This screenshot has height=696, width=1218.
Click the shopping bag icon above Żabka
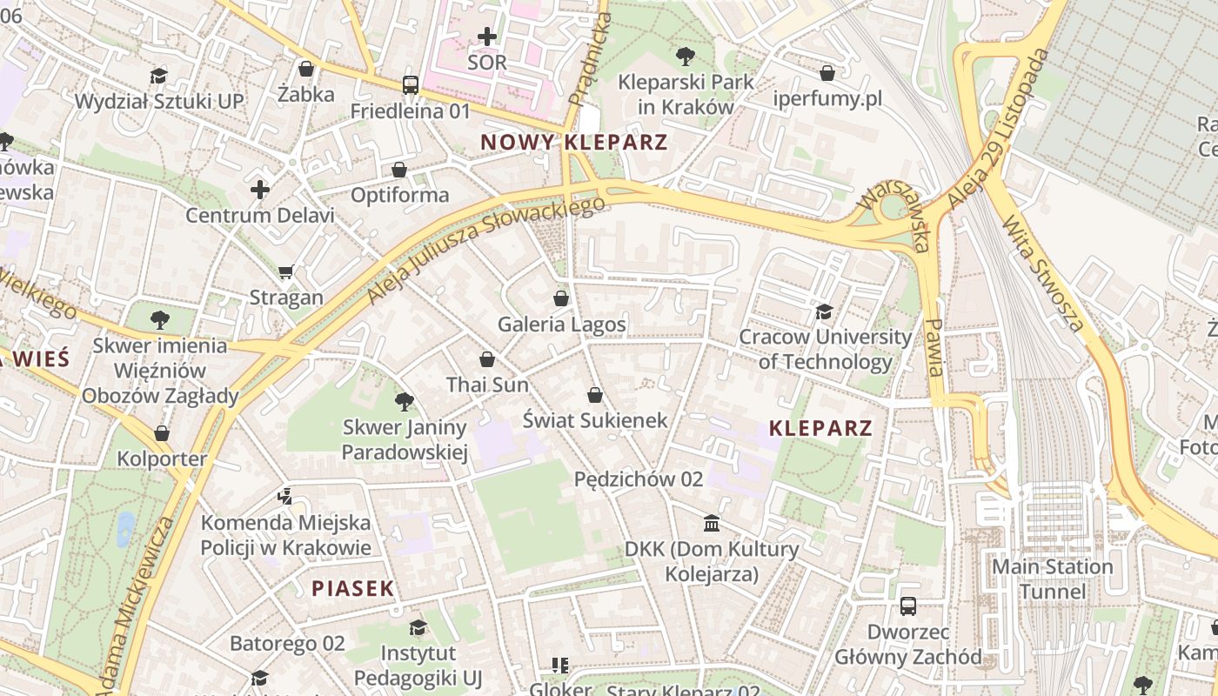pyautogui.click(x=305, y=69)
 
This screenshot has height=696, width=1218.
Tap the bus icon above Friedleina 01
pyautogui.click(x=410, y=85)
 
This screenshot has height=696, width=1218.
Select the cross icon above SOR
pyautogui.click(x=487, y=37)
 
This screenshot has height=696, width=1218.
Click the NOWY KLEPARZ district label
pyautogui.click(x=573, y=143)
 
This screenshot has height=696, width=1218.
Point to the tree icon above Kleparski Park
pyautogui.click(x=685, y=57)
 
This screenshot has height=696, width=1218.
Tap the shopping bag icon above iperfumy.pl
pyautogui.click(x=827, y=73)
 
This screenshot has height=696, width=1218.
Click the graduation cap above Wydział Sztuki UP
pyautogui.click(x=158, y=76)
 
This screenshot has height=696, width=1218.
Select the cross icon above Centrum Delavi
pyautogui.click(x=259, y=189)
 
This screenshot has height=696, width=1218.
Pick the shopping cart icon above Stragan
pyautogui.click(x=286, y=271)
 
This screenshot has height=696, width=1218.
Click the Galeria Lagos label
pyautogui.click(x=561, y=325)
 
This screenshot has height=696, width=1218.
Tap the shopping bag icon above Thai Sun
pyautogui.click(x=487, y=358)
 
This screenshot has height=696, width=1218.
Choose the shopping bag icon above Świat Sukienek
pyautogui.click(x=595, y=395)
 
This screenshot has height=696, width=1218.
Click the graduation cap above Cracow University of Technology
pyautogui.click(x=824, y=311)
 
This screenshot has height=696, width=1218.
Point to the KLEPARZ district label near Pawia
pyautogui.click(x=820, y=428)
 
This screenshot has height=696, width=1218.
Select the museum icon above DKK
pyautogui.click(x=712, y=524)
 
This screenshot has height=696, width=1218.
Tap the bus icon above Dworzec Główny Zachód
pyautogui.click(x=907, y=606)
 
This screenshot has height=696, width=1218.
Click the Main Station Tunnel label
pyautogui.click(x=1053, y=579)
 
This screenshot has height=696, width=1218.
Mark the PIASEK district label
pyautogui.click(x=353, y=588)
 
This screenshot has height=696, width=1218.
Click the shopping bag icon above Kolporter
pyautogui.click(x=162, y=433)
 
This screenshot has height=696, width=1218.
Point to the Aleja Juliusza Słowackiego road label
pyautogui.click(x=485, y=249)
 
